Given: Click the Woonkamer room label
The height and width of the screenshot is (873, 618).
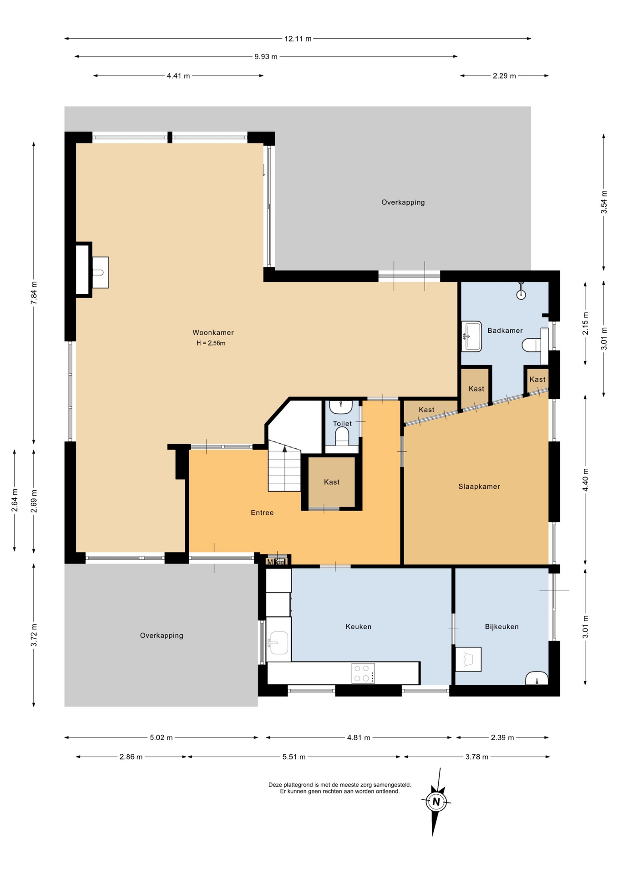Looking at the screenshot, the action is point(213,332).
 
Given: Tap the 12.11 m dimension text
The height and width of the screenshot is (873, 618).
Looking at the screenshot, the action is point(298,39).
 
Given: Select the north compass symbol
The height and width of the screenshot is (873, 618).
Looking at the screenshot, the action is point(436,802).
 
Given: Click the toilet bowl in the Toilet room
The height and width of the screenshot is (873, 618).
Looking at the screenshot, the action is point(342,437).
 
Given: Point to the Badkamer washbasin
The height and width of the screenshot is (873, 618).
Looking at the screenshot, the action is point(471,336).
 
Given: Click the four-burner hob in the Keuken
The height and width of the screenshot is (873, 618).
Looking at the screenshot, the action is point(363,673).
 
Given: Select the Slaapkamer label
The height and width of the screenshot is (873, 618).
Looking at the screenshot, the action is point(479,487).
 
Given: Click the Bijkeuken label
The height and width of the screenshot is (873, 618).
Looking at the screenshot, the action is point(501,627).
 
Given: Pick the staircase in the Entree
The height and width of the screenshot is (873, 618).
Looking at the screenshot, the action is point(284,466).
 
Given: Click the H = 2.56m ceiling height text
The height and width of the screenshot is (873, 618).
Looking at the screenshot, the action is point(211,343).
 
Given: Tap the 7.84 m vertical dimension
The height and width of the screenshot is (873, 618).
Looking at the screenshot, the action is point(34,293).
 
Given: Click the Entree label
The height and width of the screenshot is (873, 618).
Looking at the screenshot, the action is point(262,513).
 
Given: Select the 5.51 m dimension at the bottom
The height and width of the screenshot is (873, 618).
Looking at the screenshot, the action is point(294,757).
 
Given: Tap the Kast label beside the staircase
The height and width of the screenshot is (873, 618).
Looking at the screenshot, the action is point(332,482).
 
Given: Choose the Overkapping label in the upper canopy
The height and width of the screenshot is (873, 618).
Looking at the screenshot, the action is point(403,202).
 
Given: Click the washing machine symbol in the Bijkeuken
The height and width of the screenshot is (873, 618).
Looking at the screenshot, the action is point(468,659).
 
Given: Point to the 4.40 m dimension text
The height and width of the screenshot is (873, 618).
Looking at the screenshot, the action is point(586,480).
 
